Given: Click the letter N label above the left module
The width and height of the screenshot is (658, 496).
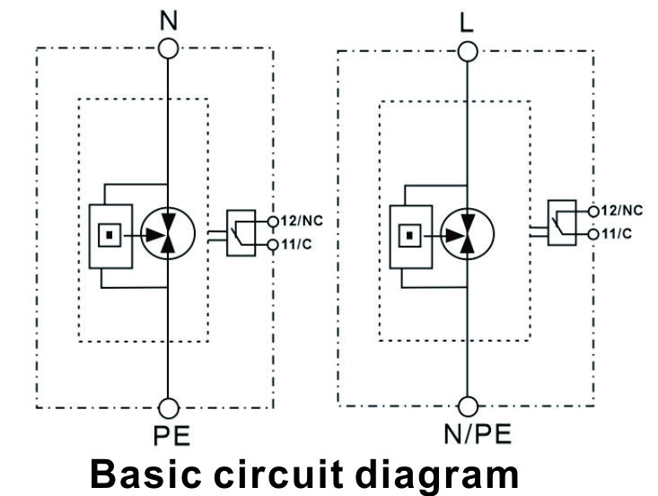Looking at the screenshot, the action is [169, 20].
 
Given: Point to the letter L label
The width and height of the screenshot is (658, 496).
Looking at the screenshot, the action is [466, 22].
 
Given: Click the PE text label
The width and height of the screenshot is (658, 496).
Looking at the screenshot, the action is [171, 436].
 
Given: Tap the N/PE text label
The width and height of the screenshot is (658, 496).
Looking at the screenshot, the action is [478, 434].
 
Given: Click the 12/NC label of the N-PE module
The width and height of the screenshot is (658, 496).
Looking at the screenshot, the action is [303, 221].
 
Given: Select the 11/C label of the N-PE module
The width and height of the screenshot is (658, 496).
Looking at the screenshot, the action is [297, 244].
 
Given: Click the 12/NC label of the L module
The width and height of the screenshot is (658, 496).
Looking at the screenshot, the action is [621, 211].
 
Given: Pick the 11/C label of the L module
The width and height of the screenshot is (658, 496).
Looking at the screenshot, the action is [617, 233].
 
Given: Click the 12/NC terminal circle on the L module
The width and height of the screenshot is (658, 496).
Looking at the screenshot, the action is [593, 212].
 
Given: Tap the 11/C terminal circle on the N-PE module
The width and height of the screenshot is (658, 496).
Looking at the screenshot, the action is [273, 245].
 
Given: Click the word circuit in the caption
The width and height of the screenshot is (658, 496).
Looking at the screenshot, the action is [278, 474].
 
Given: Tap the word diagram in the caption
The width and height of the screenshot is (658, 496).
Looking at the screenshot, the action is [436, 476].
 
